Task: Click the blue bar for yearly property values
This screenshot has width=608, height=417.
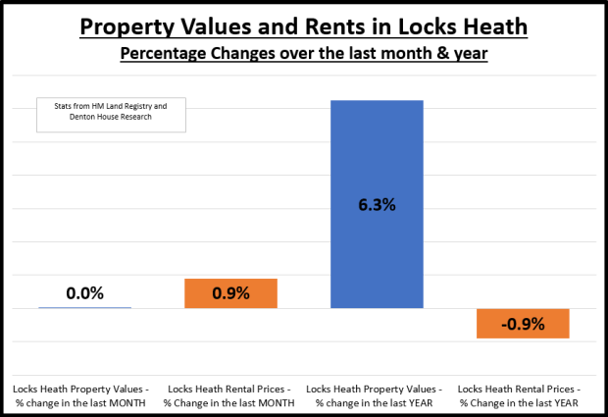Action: [x=377, y=157]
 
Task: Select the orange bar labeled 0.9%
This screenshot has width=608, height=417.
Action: [x=231, y=293]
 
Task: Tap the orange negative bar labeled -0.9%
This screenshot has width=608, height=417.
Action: [x=523, y=323]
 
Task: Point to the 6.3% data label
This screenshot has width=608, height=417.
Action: [x=377, y=206]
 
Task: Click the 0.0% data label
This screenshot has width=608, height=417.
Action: [x=85, y=292]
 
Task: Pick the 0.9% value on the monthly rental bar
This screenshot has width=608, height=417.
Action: [x=231, y=293]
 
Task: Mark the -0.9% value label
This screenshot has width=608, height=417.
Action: [x=523, y=323]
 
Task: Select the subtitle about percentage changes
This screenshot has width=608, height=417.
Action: [x=304, y=52]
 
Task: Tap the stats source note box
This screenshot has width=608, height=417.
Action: [x=110, y=115]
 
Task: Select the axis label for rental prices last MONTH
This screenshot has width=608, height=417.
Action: [x=231, y=395]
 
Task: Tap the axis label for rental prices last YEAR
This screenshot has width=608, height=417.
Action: [x=523, y=395]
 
